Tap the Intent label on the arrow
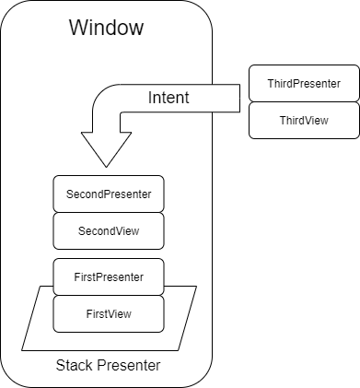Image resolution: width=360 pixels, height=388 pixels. tap(168, 97)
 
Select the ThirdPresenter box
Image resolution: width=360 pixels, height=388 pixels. tap(304, 84)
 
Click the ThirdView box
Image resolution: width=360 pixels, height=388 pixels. tap(304, 121)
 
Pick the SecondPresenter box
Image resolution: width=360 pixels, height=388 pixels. tap(109, 194)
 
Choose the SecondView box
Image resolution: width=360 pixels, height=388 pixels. tap(109, 230)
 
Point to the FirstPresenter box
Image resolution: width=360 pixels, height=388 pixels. tap(109, 276)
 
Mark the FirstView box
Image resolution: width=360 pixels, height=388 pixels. tap(109, 313)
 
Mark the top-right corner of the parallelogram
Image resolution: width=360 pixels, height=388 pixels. tap(196, 287)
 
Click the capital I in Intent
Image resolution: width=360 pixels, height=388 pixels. tap(151, 97)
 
